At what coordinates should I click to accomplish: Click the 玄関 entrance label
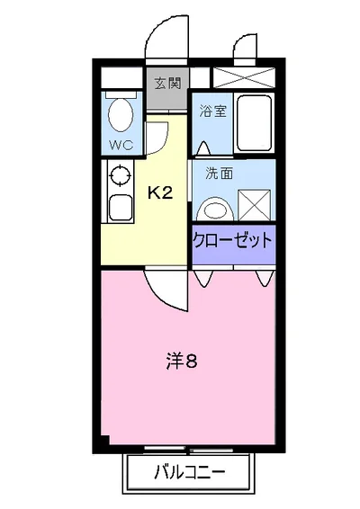(x=166, y=85)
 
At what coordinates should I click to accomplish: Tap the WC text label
(x=120, y=144)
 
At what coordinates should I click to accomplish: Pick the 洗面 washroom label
(x=219, y=174)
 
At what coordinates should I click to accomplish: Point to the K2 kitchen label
(x=160, y=192)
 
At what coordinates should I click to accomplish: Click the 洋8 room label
(x=180, y=362)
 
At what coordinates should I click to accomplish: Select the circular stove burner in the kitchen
(x=118, y=177)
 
